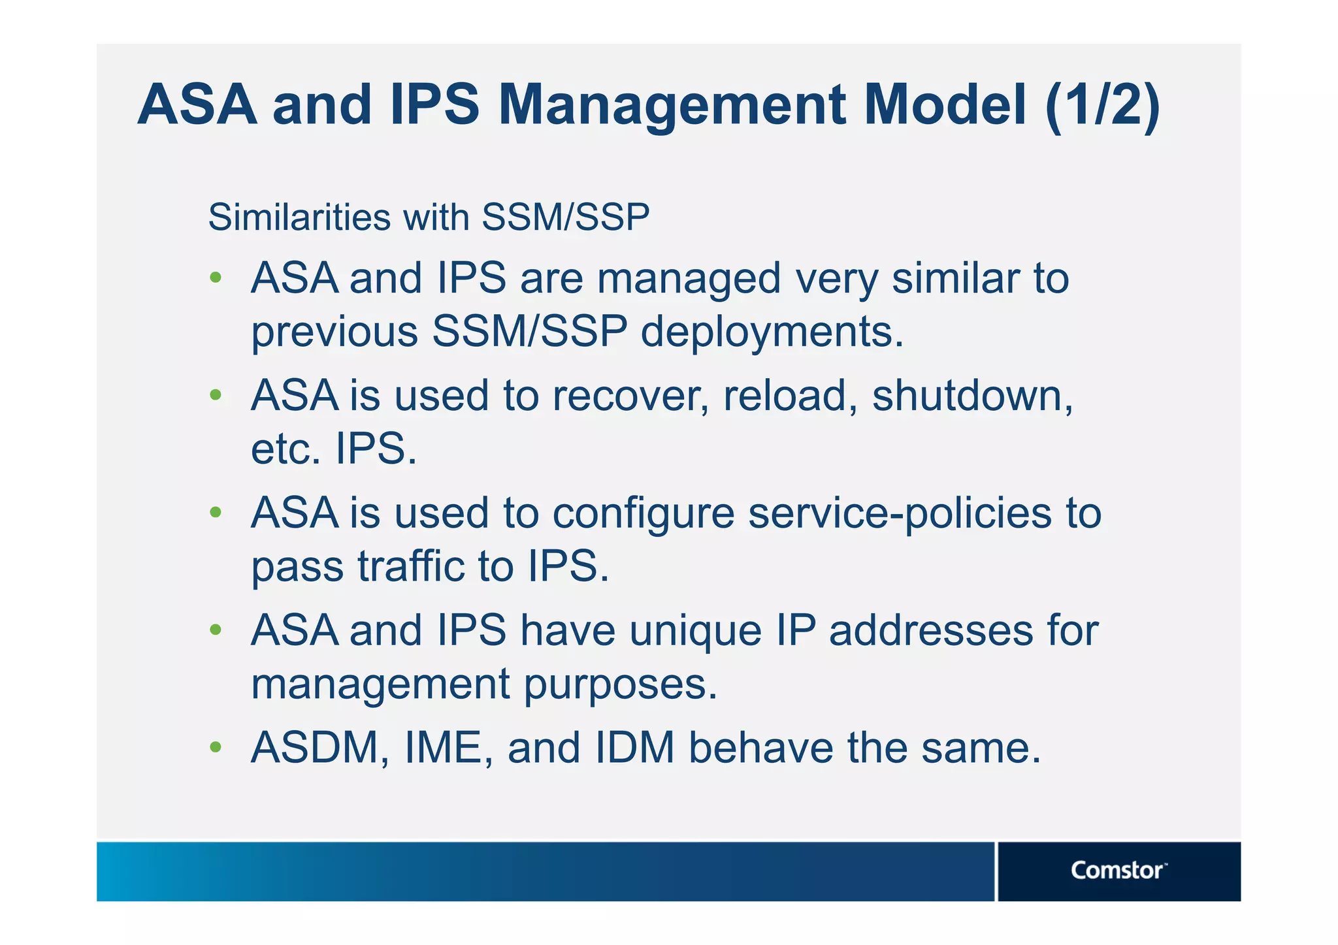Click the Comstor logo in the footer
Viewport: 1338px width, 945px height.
1117,871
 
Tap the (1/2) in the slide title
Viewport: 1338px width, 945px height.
1101,106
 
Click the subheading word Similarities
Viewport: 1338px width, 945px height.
299,217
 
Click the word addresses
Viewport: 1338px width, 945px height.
931,631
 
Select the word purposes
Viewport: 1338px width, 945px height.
620,684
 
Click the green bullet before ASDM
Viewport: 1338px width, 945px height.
216,746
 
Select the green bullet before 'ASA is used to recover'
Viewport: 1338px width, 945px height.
216,395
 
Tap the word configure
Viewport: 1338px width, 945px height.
644,515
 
